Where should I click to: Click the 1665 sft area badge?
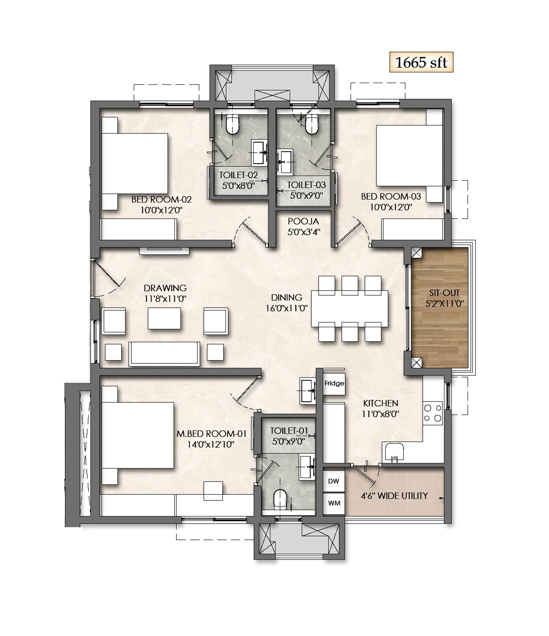coord(421,63)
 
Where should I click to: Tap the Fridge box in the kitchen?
coord(334,383)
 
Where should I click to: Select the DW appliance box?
coord(333,481)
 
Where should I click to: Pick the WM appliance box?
coord(334,503)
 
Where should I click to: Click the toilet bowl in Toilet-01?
coord(281,499)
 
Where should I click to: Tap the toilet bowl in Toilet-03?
coord(312,125)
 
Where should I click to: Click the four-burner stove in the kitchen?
coord(432,412)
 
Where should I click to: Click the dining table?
coord(350,308)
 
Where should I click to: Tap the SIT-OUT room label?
coord(444,293)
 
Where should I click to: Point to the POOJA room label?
coord(303,221)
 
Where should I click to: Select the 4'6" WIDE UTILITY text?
coord(394,496)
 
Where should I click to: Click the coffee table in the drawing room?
coord(164,318)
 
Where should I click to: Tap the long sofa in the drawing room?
coord(164,353)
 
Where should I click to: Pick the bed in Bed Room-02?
coord(135,164)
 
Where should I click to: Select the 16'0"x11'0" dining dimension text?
coord(287,308)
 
